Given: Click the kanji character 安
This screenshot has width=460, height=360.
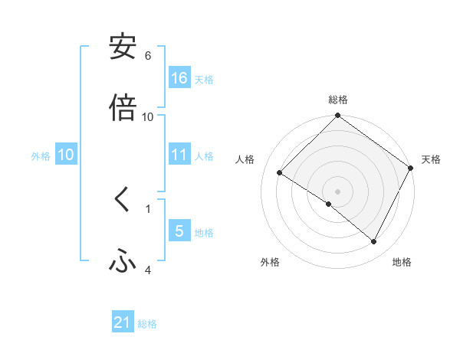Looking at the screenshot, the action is [123, 47].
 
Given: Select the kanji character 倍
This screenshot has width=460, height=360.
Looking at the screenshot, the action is [123, 107].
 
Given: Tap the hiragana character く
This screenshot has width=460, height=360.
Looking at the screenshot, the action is [123, 201].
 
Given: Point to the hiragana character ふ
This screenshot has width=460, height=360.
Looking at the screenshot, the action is [123, 262].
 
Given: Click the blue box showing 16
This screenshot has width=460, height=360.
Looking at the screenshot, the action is [179, 78].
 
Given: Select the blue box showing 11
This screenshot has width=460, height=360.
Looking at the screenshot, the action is [179, 155].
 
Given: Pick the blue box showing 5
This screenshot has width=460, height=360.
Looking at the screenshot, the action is [179, 231].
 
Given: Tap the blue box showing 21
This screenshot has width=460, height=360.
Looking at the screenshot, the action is [123, 323].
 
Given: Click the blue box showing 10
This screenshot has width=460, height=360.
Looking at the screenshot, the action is [66, 155].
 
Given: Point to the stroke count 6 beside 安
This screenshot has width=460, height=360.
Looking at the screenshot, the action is [148, 56].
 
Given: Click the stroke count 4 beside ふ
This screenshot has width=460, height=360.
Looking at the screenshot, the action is [148, 270].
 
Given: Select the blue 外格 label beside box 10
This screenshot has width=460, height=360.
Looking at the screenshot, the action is [41, 155].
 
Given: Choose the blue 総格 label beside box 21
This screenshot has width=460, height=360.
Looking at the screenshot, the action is [147, 324].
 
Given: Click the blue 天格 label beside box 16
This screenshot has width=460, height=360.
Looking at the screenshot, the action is [204, 79].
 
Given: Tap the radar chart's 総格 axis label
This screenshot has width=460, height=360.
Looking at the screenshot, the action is [338, 100].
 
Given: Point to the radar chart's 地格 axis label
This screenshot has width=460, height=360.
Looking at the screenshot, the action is [402, 263].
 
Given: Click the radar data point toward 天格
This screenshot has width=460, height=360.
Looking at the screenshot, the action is [411, 168].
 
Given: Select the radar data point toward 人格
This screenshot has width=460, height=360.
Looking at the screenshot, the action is [280, 173].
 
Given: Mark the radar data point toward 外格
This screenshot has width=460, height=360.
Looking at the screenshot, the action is [329, 204].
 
